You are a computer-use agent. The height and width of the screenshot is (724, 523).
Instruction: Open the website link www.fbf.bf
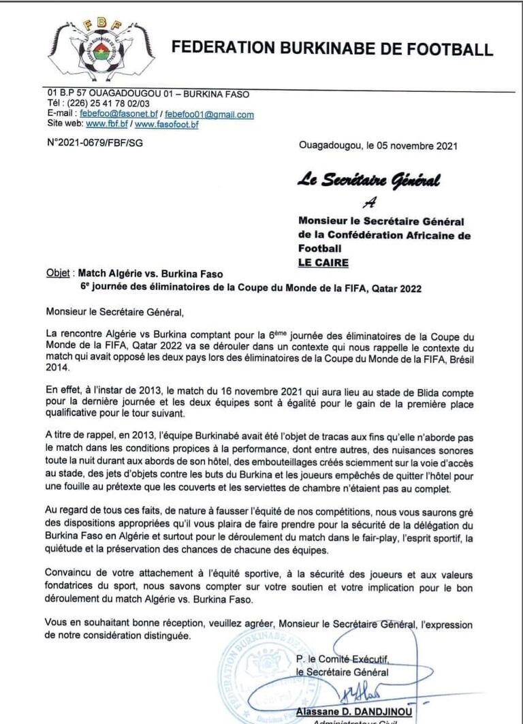[x=107, y=125]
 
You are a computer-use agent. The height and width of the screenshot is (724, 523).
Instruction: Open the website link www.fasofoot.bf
[x=167, y=125]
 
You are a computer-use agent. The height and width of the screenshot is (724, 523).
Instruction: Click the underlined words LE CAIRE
[x=323, y=262]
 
